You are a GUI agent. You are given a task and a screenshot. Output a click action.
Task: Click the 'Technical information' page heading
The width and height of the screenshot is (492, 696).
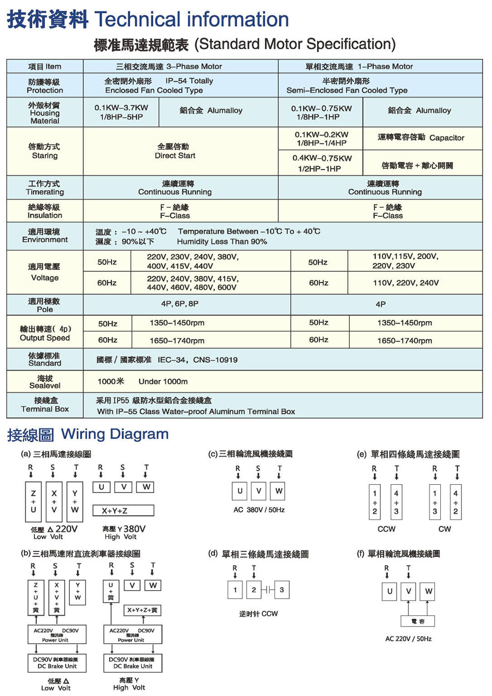point(191,20)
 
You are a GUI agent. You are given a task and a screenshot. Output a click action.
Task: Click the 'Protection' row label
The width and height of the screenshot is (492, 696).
point(45,91)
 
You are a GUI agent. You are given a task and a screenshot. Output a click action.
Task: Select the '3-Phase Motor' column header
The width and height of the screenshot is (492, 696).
point(194,66)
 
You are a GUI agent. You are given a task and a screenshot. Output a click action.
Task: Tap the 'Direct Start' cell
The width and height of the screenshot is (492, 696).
point(175,156)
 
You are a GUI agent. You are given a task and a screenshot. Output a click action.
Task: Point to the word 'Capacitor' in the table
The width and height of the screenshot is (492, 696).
point(446,138)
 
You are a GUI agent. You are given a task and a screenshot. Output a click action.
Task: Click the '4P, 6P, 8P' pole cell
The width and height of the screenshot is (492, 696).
point(180,304)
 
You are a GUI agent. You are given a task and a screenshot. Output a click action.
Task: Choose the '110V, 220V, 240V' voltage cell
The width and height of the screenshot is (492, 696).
point(406,283)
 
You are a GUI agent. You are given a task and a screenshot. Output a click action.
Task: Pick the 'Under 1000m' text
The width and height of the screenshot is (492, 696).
point(163,381)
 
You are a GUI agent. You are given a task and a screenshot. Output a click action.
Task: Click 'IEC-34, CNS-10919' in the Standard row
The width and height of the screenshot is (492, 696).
point(197,360)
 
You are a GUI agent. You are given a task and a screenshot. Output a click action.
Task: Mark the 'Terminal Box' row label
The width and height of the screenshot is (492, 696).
point(45,409)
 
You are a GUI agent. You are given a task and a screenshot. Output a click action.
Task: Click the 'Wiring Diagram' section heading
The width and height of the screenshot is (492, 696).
point(115,434)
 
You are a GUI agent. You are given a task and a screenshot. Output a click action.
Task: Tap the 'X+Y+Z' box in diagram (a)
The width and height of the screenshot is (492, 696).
point(123,511)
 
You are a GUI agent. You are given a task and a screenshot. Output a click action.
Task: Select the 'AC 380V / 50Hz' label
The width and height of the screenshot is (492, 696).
point(259,510)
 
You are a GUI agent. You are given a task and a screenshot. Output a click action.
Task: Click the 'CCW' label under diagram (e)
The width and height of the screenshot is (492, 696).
point(386,529)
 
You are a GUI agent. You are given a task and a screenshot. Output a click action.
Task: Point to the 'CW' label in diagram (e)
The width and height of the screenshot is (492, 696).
point(445,529)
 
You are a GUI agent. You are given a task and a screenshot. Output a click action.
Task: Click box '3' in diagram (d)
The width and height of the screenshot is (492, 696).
point(281,590)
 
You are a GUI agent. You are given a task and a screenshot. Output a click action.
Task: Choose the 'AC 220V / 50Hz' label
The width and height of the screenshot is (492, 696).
point(408,639)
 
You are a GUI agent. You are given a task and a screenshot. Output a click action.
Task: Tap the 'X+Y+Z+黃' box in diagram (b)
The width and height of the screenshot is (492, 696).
point(142,610)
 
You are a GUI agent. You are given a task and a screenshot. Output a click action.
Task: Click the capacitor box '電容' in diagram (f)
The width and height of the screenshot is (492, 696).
point(418,622)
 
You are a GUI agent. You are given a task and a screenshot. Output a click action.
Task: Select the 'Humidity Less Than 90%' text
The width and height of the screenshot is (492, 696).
point(222,242)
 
